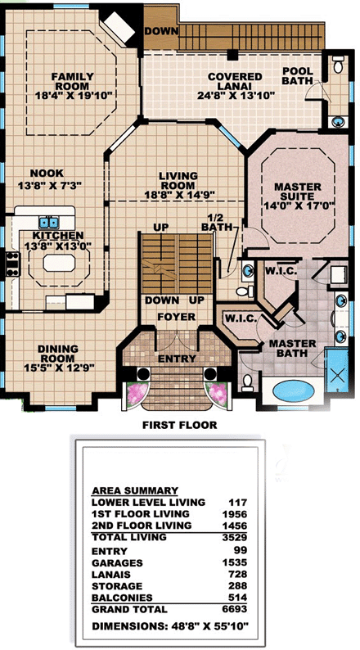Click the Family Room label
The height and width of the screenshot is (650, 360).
pos(73,81)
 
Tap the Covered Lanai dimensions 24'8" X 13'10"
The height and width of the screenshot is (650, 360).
pos(236,96)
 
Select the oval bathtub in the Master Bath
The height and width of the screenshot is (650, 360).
pos(294,390)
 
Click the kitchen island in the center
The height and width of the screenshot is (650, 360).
pos(59,263)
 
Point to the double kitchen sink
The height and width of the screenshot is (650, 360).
pos(49,223)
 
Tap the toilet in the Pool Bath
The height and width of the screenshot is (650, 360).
pos(338,65)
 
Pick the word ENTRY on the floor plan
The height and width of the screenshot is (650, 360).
pos(177,359)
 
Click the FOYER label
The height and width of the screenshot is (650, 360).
pos(177,317)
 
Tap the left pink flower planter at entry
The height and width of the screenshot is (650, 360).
pos(137,394)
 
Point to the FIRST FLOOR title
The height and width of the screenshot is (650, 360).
pos(179,425)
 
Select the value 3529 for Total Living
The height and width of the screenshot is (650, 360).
pos(237,538)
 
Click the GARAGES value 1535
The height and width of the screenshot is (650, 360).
pos(237,562)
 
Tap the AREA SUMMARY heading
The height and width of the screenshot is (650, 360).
pos(135,491)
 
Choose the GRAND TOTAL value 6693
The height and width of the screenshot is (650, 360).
pos(237,609)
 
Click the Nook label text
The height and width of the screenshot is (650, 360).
pos(41,174)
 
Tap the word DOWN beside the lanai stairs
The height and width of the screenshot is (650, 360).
pos(161,31)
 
